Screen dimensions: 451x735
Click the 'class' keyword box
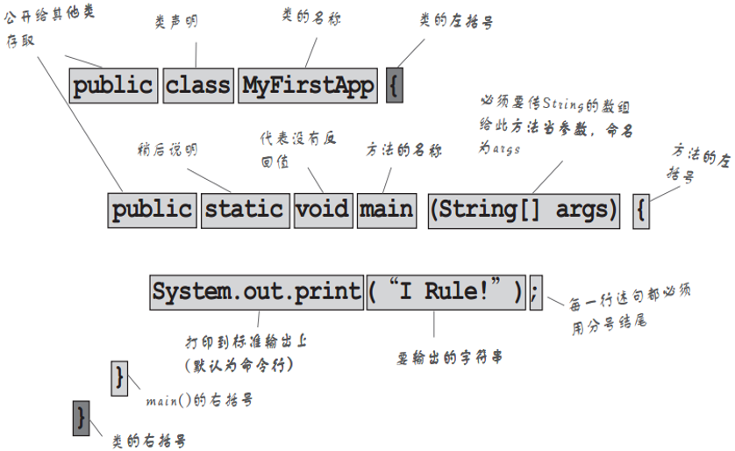click(198, 85)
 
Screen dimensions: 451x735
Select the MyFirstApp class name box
click(308, 85)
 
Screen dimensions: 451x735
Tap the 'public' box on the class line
click(113, 85)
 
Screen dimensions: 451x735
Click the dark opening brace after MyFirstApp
click(395, 85)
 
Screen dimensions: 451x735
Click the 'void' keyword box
click(322, 210)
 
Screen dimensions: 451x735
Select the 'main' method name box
click(387, 210)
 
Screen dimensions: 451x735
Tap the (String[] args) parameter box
click(524, 210)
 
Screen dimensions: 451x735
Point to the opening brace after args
click(641, 211)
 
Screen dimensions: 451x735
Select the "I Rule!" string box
click(446, 291)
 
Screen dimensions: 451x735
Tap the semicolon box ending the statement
click(536, 291)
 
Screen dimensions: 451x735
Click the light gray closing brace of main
click(119, 377)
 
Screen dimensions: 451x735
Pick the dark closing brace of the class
click(82, 418)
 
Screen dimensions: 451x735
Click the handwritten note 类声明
click(176, 24)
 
